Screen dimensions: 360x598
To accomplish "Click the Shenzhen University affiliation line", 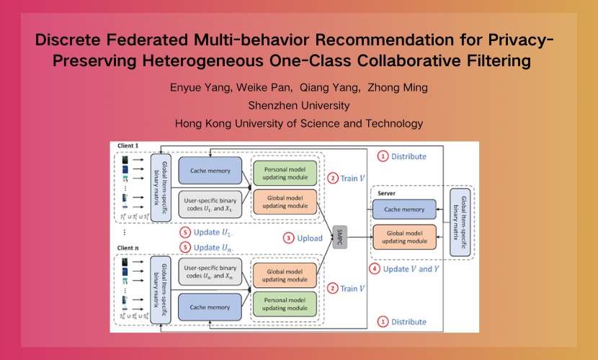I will (x=298, y=106).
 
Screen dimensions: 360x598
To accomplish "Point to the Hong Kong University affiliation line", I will (x=298, y=123).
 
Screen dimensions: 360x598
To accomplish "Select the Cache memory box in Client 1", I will (x=211, y=171).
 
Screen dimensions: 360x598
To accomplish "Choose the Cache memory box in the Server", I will (x=403, y=210).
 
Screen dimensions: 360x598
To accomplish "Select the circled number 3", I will (x=288, y=238).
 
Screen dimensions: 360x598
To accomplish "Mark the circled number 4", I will (x=373, y=269).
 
